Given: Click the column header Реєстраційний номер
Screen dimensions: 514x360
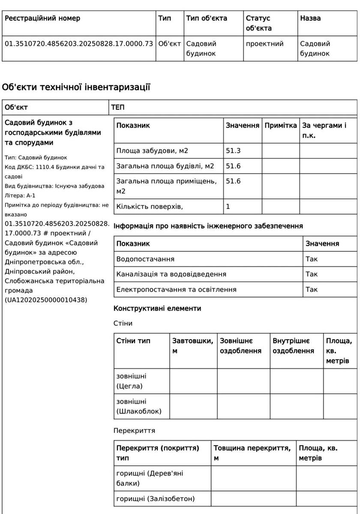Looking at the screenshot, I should [x=42, y=18].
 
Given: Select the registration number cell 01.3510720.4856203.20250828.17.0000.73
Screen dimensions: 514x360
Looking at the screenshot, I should [x=79, y=44].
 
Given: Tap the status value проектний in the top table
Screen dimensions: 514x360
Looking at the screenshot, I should [x=264, y=44].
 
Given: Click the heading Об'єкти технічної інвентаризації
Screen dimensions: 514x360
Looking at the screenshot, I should [x=76, y=88].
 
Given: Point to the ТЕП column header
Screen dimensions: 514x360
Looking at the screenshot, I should [x=118, y=108].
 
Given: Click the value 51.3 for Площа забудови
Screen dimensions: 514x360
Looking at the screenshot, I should [x=233, y=151].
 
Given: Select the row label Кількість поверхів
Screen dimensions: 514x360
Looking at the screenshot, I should [x=150, y=206].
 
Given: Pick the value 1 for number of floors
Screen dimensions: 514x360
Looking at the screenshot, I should [x=228, y=206].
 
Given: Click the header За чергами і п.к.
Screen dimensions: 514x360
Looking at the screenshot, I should [x=324, y=130].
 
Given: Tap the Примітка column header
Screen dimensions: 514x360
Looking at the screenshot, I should [x=280, y=126].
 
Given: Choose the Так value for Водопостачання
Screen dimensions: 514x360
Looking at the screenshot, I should [x=312, y=259].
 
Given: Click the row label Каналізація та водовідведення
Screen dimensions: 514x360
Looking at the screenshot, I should [x=171, y=274].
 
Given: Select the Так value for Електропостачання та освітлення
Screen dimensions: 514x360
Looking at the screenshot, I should [x=312, y=290].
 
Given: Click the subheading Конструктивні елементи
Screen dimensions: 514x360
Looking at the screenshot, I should [x=157, y=308].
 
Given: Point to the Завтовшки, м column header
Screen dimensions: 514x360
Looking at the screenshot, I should [x=192, y=346].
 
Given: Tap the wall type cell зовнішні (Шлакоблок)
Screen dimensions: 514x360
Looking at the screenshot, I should [x=139, y=406].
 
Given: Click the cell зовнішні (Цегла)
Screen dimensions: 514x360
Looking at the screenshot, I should [x=131, y=381].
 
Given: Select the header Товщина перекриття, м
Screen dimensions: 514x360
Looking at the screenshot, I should [x=252, y=453].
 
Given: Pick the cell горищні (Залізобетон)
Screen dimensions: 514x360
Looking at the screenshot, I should [x=155, y=499].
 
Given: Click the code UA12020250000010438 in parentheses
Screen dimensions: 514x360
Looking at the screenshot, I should [x=46, y=300].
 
